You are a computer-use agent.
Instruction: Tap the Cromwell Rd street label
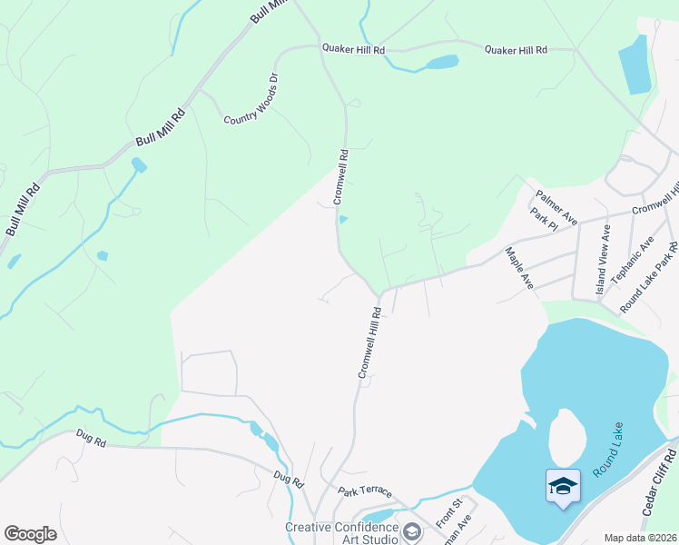[x=339, y=175]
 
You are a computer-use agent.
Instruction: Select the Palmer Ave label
[x=556, y=207]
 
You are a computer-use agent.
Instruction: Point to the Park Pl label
[x=543, y=221]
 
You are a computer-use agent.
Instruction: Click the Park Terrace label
[x=365, y=491]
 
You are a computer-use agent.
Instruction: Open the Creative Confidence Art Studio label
[x=341, y=533]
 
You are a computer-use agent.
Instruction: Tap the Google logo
[x=30, y=534]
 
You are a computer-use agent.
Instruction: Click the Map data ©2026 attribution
[x=640, y=538]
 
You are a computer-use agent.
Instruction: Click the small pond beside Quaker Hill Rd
[x=440, y=63]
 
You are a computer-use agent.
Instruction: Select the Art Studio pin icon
[x=412, y=530]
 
